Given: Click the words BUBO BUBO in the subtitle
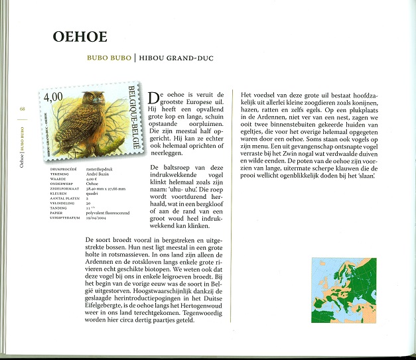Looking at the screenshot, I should click(109, 58).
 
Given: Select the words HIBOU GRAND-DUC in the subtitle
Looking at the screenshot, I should click(173, 58).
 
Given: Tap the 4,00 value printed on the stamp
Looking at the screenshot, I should click(53, 97).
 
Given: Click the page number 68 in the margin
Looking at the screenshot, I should click(22, 110).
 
